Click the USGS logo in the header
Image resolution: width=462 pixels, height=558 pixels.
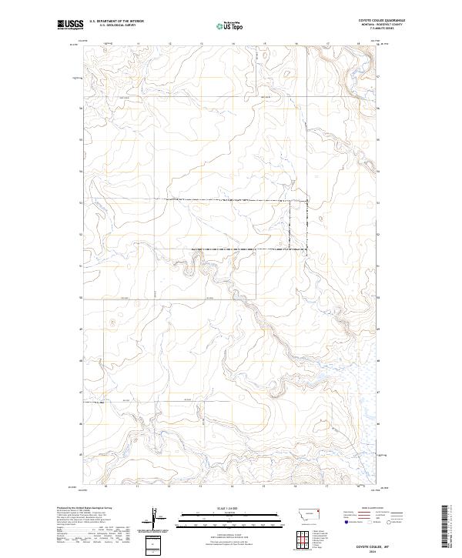70,25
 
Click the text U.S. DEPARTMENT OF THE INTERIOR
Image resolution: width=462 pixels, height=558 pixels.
116,22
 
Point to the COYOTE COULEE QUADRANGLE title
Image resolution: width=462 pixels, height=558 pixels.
381,21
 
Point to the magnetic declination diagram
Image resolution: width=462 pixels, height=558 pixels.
156,519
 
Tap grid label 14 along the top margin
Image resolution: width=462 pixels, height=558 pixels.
233,44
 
